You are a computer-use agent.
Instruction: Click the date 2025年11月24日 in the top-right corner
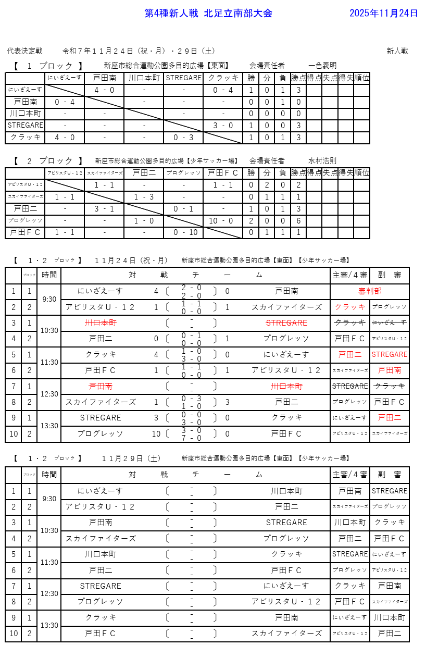coord(383,14)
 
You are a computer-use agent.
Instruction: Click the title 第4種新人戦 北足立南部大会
coord(208,14)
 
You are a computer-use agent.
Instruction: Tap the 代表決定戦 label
coord(24,51)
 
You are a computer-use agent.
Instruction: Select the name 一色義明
coord(322,66)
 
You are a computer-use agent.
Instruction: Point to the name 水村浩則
coord(322,161)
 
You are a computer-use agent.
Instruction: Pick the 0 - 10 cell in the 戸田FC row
coord(185,232)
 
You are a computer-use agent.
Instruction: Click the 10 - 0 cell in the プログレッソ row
coord(223,220)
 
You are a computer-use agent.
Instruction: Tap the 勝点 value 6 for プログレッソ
coord(298,220)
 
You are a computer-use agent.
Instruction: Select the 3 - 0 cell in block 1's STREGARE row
coord(223,126)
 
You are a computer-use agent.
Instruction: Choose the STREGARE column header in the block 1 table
coord(183,78)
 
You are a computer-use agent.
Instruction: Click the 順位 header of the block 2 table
coord(361,173)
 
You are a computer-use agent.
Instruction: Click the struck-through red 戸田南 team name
coord(101,387)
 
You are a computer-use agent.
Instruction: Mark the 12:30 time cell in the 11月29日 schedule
coord(49,593)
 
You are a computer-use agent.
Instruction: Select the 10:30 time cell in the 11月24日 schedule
coord(49,331)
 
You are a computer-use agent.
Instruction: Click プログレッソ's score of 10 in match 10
coord(156,434)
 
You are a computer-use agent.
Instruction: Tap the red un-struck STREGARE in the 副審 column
coord(390,355)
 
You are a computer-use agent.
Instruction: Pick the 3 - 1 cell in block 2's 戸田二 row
coord(104,209)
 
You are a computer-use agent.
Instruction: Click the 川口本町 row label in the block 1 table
coord(25,114)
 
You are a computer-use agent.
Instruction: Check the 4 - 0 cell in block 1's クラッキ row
coord(65,138)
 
